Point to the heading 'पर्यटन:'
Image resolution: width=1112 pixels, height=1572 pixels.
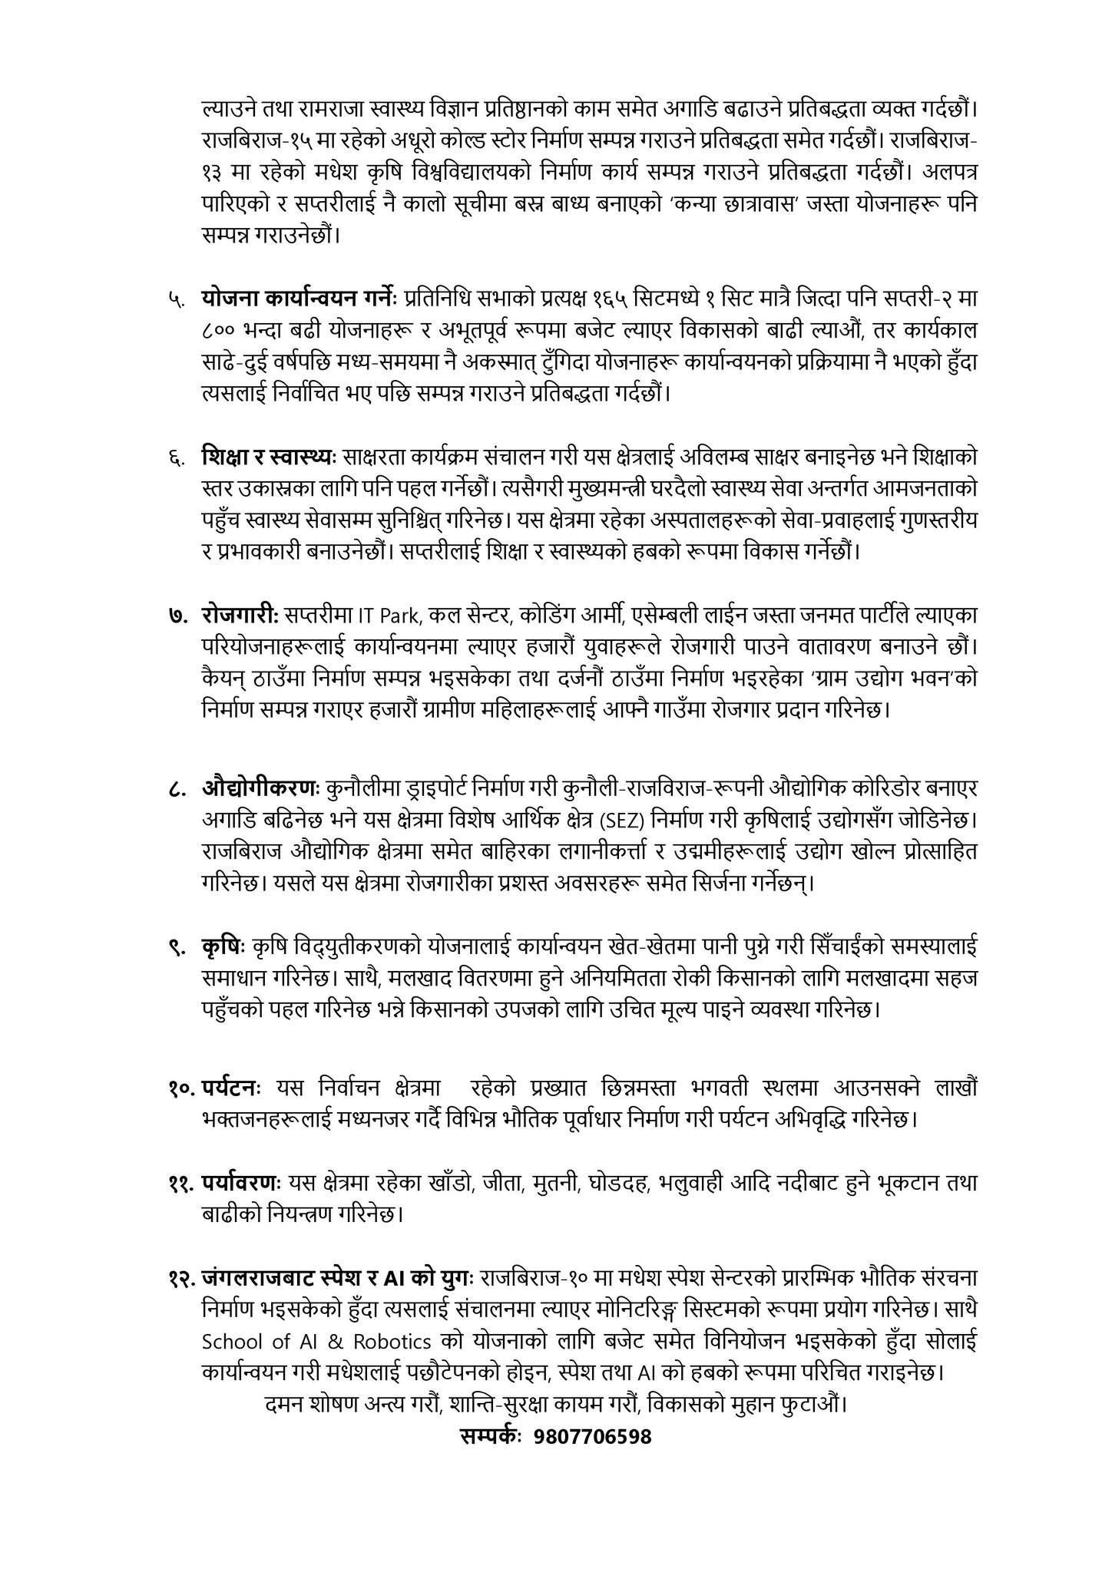(233, 1088)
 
